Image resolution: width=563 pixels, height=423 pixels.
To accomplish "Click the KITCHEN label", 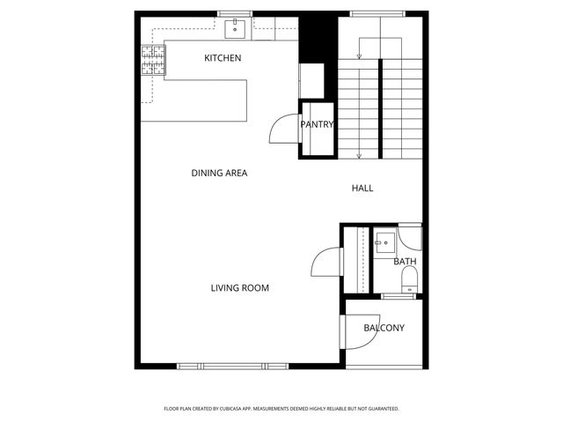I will (223, 58).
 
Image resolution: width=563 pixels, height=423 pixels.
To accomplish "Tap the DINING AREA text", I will (219, 174).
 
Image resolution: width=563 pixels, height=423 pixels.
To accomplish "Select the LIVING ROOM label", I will (239, 288).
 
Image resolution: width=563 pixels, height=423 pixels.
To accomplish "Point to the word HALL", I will (362, 189).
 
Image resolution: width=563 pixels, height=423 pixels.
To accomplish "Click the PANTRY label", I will (318, 125).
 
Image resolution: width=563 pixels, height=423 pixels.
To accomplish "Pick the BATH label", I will (405, 262).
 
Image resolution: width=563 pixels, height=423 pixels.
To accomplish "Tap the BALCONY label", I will (384, 329).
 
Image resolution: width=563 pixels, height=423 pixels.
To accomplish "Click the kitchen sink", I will (235, 29).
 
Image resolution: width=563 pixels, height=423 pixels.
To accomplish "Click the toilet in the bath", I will (408, 281).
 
